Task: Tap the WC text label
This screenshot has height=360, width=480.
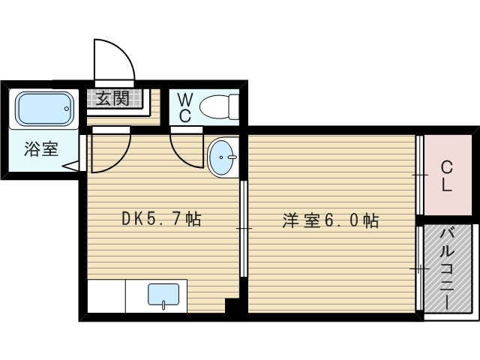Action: tap(185, 106)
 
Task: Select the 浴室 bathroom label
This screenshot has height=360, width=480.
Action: tap(40, 148)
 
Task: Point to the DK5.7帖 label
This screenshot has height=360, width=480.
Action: tap(161, 220)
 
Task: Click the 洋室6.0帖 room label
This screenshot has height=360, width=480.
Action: tap(330, 220)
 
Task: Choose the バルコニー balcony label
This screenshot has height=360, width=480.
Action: tap(447, 268)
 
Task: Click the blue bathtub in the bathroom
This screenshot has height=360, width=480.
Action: tap(45, 109)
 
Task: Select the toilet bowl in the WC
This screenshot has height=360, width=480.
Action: tap(220, 106)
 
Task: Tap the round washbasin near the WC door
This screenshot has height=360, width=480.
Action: tap(222, 157)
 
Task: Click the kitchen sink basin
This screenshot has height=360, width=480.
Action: tap(163, 295)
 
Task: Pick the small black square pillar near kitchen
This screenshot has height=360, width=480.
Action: tap(232, 305)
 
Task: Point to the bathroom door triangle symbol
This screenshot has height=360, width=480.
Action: tap(73, 164)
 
